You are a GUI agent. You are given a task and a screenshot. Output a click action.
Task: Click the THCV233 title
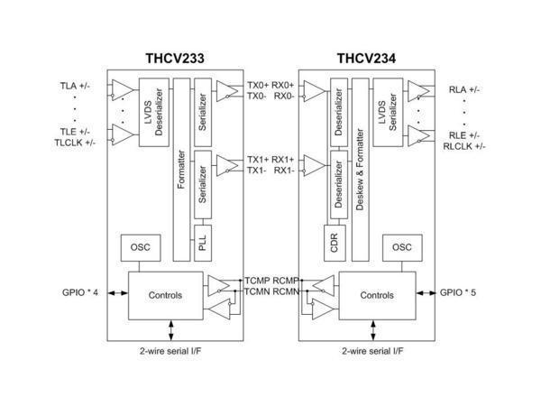point(175,58)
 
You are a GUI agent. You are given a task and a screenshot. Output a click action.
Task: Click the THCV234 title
point(366,58)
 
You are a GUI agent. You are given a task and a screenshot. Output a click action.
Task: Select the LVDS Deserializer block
point(154,112)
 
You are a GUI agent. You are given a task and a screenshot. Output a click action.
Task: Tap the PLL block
point(203,243)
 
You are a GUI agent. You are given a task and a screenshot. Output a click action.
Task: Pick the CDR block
point(335,243)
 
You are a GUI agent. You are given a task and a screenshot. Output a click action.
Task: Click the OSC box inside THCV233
point(141,247)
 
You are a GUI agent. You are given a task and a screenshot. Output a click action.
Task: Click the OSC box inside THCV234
point(402,247)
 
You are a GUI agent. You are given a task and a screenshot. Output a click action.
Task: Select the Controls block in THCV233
point(166,296)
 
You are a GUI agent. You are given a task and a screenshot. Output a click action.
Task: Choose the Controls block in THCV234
point(377,296)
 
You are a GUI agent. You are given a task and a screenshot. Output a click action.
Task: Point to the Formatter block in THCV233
point(181,170)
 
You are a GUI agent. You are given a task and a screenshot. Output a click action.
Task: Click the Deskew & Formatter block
point(360,170)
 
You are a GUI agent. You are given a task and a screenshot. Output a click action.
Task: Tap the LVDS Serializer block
point(388,112)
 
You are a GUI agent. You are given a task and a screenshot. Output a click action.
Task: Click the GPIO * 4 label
point(80,292)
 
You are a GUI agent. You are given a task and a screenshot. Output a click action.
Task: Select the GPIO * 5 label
point(458,292)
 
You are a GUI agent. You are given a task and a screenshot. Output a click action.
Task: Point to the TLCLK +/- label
point(75,143)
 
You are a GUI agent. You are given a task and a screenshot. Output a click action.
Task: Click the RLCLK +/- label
point(464,146)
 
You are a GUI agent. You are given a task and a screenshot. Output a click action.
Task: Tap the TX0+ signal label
point(258,86)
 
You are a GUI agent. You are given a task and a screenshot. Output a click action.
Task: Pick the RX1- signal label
point(284,171)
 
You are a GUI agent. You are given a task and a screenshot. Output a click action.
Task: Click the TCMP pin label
point(258,281)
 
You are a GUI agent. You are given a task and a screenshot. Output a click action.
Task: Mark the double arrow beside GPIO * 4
point(118,293)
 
